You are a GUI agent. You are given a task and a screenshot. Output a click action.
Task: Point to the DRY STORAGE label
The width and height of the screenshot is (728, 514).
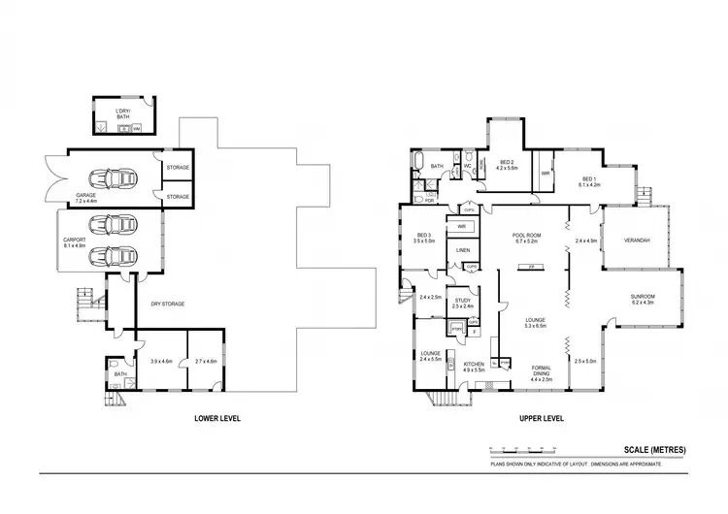coord(166,304)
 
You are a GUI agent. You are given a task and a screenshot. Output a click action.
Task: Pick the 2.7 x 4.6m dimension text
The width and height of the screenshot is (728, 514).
coord(206,361)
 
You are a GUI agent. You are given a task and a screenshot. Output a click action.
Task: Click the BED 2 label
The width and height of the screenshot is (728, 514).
coord(508,165)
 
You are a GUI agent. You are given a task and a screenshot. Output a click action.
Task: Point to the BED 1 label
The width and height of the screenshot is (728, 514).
coord(590,181)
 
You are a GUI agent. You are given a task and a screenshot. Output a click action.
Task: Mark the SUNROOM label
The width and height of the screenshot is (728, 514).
coord(644,299)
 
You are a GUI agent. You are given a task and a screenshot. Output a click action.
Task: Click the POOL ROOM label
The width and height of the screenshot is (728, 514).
coord(532,238)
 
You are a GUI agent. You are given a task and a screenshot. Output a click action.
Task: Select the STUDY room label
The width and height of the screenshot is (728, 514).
coord(463,303)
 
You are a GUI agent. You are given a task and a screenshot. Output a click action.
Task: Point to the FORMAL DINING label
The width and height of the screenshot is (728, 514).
coord(542,370)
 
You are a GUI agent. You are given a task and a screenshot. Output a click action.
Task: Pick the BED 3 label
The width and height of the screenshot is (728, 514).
coord(424,238)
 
